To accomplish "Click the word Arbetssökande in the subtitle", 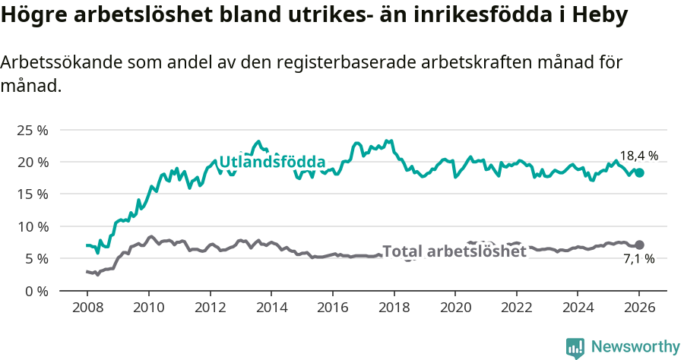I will point(56,63).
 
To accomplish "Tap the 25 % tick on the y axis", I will point(32,130).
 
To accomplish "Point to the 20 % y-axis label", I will point(32,162).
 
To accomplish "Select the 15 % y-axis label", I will point(32,194).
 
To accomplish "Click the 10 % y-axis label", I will point(32,226).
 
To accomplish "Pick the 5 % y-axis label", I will point(36,258).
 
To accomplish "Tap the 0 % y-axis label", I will point(36,291).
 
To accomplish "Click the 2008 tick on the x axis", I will point(87,308).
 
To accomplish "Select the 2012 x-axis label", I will point(210,308).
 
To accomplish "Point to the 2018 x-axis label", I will point(394,308).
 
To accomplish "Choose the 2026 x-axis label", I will point(639,308).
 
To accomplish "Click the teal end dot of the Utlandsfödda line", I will point(639,172).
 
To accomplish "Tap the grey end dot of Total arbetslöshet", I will point(639,245).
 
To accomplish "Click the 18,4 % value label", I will point(638,156).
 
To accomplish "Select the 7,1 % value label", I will point(638,261).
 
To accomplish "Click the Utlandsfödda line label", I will point(272,162).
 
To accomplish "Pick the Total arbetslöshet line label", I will point(454,251).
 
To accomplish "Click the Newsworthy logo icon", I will point(575,347).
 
